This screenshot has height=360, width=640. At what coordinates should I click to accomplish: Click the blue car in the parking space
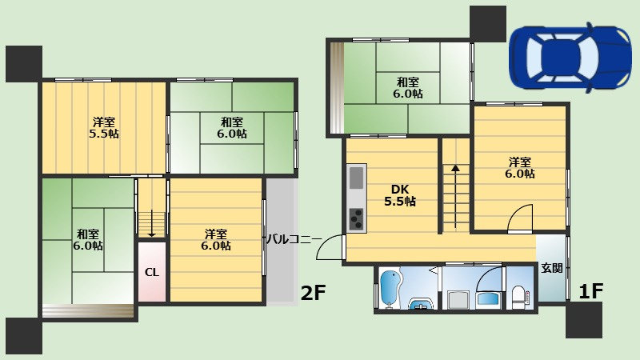[570, 58]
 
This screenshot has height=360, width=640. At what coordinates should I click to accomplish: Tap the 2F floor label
[313, 292]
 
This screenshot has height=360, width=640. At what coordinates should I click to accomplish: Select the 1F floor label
[591, 290]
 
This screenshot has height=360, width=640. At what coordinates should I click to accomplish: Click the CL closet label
[152, 272]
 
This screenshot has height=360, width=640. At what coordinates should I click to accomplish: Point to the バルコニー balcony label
[294, 238]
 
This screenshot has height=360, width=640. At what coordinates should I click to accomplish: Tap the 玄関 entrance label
[552, 268]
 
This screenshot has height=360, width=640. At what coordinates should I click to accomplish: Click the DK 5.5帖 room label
[400, 195]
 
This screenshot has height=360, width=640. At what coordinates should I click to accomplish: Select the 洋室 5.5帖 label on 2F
[104, 128]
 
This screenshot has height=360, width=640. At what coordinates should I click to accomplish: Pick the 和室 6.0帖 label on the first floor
[408, 88]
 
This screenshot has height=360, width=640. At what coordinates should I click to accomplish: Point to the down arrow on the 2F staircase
[151, 223]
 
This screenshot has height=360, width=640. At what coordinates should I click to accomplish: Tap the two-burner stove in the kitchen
[356, 219]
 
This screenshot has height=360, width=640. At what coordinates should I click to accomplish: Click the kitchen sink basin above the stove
[356, 178]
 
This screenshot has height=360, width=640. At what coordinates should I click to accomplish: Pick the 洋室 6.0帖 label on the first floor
[519, 168]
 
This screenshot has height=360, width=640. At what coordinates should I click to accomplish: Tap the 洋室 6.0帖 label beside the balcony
[216, 240]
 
